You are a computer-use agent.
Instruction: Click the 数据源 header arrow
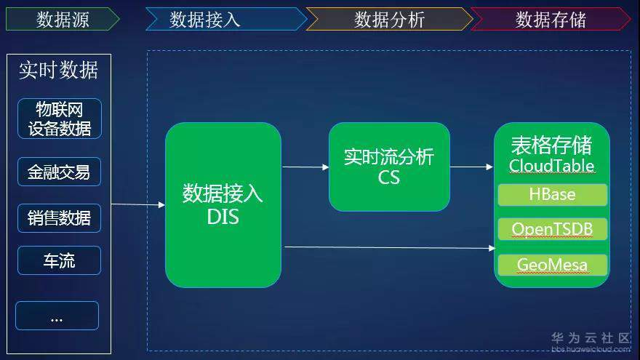[x=63, y=19]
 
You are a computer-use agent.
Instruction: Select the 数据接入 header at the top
[x=226, y=19]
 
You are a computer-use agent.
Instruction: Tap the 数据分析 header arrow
[x=389, y=19]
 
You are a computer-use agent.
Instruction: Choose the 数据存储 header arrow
[x=551, y=19]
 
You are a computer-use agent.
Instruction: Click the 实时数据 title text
[x=59, y=71]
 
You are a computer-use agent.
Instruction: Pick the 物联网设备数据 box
[x=60, y=119]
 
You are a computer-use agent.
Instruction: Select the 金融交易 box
[x=59, y=172]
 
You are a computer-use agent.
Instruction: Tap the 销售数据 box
[x=59, y=218]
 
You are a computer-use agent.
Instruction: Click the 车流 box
[x=59, y=260]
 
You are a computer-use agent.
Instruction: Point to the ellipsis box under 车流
[x=57, y=316]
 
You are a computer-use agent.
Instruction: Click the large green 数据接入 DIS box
[x=223, y=205]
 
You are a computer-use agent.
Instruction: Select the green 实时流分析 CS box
[x=389, y=167]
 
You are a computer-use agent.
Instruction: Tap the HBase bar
[x=552, y=195]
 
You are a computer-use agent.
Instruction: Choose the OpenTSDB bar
[x=552, y=229]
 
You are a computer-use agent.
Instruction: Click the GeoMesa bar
[x=552, y=265]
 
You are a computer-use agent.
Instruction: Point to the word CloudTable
[x=551, y=166]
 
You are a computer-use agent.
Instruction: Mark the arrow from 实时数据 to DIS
[x=138, y=204]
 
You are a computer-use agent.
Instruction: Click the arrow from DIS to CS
[x=305, y=167]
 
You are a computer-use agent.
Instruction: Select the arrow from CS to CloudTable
[x=472, y=167]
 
